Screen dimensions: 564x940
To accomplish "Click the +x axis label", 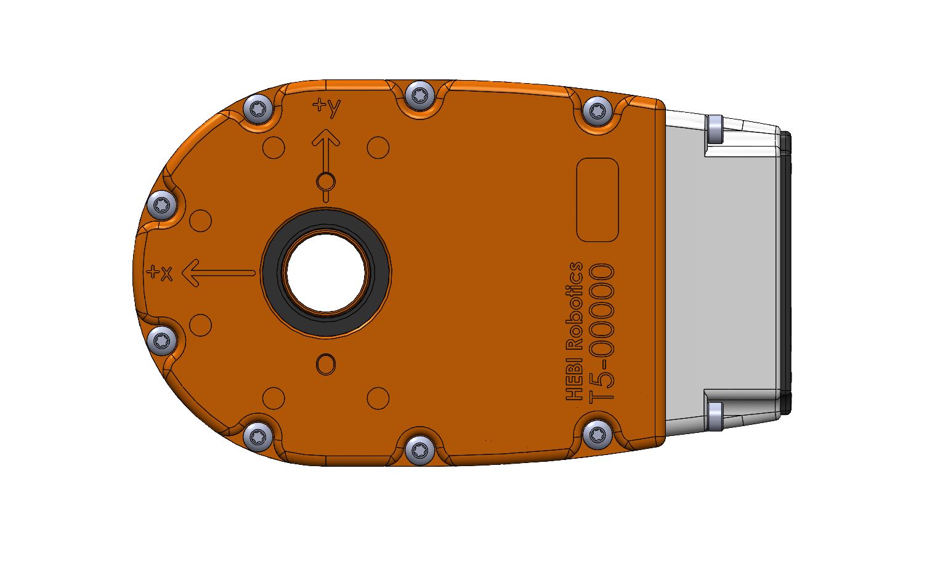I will coord(160,272).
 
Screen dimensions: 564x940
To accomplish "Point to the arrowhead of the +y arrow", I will coord(325,137).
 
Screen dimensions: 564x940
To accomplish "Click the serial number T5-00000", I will coord(602,332).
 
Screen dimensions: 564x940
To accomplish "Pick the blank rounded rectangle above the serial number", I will coord(596,200).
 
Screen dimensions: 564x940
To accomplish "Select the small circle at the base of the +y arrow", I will coord(325,182).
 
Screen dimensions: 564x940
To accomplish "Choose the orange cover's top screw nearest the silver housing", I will coord(596,111).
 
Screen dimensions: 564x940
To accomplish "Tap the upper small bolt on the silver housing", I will coord(714,129).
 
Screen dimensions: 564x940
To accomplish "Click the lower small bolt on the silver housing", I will coord(715,412).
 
